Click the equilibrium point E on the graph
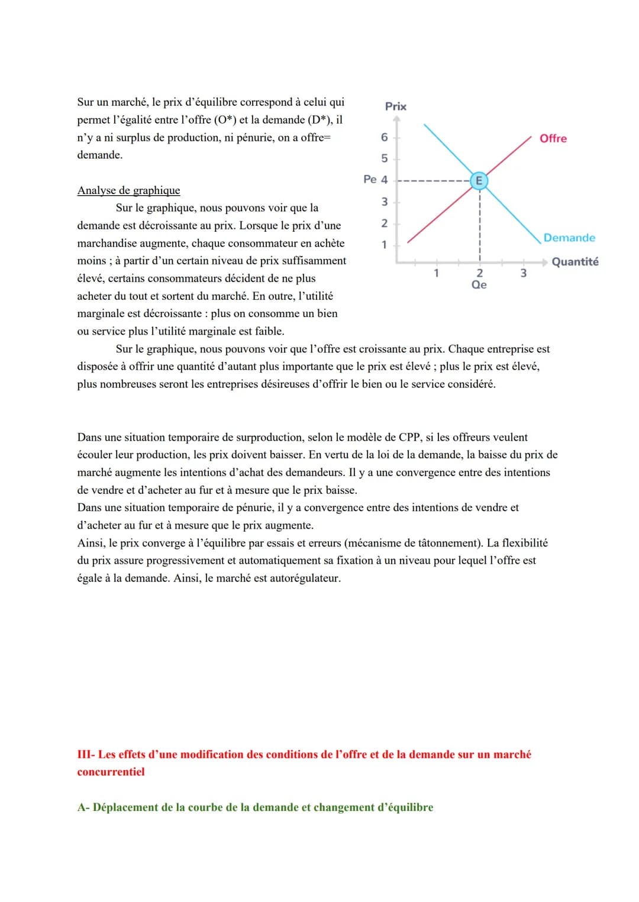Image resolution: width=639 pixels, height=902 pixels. (479, 180)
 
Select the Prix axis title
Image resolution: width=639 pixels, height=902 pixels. (396, 106)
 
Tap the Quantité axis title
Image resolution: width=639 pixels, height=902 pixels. (575, 261)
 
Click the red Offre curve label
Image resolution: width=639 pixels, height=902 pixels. (553, 138)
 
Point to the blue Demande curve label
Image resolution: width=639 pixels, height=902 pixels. (569, 238)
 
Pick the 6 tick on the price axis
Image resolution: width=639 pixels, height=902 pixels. (385, 137)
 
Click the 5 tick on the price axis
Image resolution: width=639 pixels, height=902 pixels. (385, 159)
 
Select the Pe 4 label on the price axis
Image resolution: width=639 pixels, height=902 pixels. (376, 179)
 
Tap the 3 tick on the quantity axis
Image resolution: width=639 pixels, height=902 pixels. (523, 273)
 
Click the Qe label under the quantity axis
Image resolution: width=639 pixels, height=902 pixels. (479, 284)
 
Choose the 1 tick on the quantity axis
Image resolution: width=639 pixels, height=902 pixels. (436, 273)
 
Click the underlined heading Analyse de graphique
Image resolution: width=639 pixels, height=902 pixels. (128, 190)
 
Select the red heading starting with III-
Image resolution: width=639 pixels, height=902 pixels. (304, 755)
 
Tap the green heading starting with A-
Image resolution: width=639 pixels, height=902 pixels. (255, 807)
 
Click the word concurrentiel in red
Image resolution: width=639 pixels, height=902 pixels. (111, 772)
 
